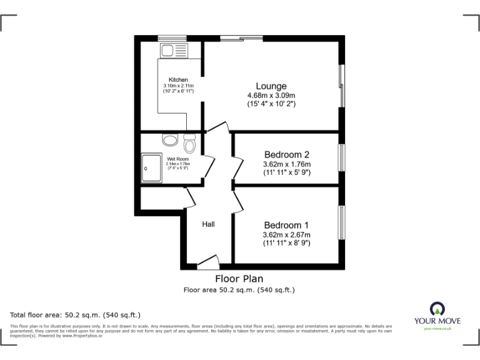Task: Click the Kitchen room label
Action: click(178, 80)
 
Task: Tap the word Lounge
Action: click(271, 86)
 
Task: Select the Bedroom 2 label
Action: click(286, 154)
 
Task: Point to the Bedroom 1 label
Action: click(286, 225)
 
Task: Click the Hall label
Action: click(208, 224)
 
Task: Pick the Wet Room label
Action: click(178, 159)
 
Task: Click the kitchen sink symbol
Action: click(173, 51)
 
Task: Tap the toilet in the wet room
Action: click(190, 143)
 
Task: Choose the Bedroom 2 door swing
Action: click(237, 166)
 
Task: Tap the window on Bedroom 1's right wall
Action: click(341, 222)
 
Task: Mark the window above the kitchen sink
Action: click(172, 37)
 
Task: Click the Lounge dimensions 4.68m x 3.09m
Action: click(271, 96)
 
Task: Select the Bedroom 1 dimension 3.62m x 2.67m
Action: click(286, 235)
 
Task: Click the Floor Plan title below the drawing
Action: click(239, 279)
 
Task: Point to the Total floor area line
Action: click(76, 315)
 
